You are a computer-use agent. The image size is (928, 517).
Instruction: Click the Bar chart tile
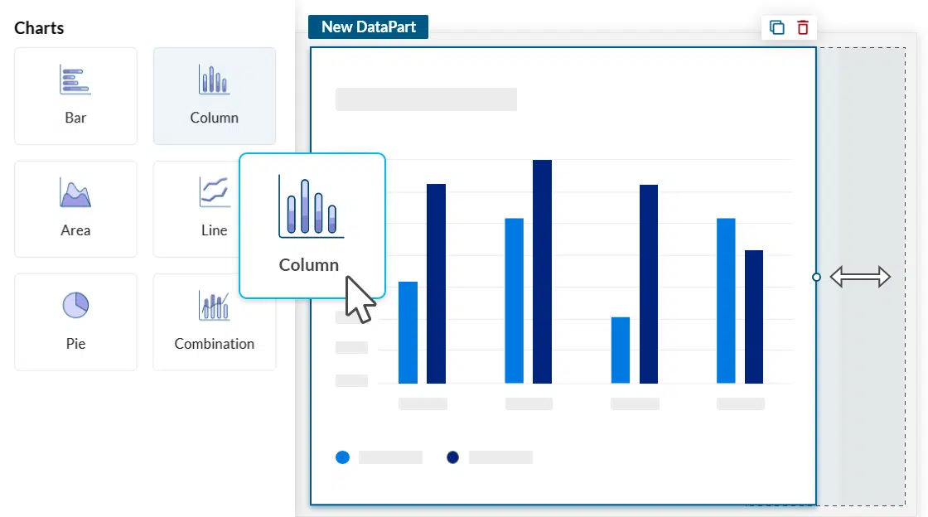(75, 95)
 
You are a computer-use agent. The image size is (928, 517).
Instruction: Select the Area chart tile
(75, 209)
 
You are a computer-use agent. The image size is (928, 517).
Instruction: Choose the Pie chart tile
(75, 321)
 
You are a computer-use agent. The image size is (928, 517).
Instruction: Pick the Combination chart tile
(214, 321)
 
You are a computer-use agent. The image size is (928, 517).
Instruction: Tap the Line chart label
(214, 230)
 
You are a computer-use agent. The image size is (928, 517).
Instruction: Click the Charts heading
(39, 28)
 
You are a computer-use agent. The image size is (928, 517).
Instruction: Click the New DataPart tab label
(368, 27)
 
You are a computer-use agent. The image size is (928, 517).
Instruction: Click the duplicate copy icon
(777, 27)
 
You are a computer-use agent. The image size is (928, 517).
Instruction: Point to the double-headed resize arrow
(860, 277)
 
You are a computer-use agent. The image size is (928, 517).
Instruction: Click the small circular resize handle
(816, 277)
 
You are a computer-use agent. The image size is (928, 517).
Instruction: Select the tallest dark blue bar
(542, 272)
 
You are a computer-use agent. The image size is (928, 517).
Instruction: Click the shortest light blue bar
(621, 350)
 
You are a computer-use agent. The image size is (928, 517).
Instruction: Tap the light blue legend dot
(342, 457)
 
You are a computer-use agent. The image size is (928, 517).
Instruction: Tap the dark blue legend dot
(452, 457)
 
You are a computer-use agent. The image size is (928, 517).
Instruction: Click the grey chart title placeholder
(426, 99)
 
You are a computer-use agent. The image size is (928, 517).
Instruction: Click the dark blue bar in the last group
(754, 316)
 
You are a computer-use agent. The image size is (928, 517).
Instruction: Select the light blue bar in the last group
(726, 300)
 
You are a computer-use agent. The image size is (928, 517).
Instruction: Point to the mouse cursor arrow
(357, 298)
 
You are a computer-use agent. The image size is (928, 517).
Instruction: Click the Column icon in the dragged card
(312, 207)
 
